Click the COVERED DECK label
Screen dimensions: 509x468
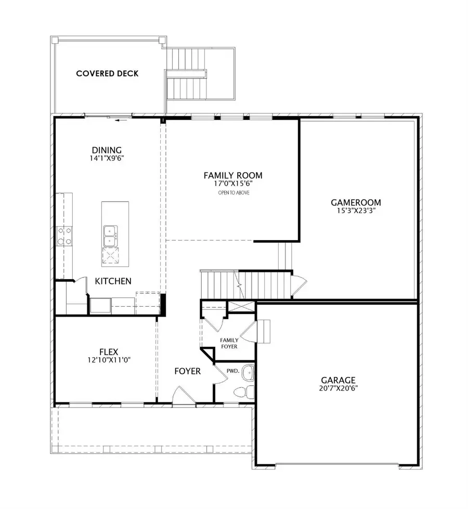click(x=107, y=73)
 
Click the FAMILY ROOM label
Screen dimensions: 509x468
click(x=232, y=176)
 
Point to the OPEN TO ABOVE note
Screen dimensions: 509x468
click(x=232, y=193)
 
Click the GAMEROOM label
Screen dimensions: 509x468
click(x=356, y=202)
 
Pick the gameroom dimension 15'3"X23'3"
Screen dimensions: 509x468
click(x=356, y=211)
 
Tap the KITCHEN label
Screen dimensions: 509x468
click(x=113, y=281)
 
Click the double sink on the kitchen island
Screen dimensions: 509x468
click(x=110, y=236)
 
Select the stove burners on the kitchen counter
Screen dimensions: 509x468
click(x=64, y=236)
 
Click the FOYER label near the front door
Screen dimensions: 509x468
click(x=187, y=372)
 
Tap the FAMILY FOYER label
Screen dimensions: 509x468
click(x=229, y=343)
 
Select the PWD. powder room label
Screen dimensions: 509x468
click(x=232, y=371)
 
